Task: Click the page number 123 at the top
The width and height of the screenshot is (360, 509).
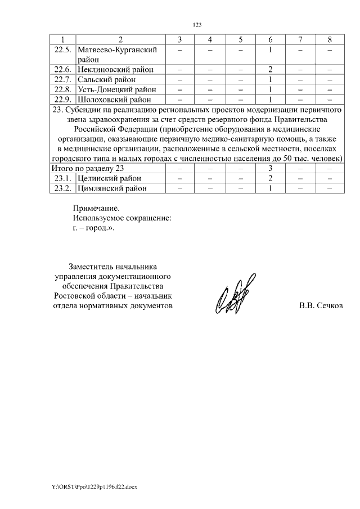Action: tap(197, 25)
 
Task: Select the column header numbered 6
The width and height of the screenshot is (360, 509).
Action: tap(271, 39)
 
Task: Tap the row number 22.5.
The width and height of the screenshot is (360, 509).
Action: tap(62, 49)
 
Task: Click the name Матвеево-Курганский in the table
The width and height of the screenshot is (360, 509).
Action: tap(116, 49)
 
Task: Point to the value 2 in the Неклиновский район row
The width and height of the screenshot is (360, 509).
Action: tap(271, 69)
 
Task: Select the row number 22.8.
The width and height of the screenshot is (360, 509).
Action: tap(62, 89)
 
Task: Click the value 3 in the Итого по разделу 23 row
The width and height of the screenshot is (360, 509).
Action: tap(271, 169)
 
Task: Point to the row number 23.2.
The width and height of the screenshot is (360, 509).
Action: tap(62, 188)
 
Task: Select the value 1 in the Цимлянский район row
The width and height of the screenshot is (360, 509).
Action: tap(271, 188)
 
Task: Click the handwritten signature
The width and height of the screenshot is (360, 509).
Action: tap(235, 294)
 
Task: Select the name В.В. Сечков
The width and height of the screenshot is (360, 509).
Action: tap(320, 305)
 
